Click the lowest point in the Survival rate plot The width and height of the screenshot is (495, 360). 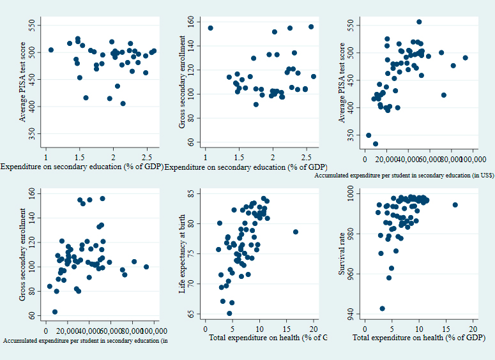382,308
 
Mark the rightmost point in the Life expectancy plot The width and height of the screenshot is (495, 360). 296,232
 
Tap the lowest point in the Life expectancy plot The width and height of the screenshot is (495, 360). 229,313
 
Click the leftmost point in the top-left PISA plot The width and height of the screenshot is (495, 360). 51,50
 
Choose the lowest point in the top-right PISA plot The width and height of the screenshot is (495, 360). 376,144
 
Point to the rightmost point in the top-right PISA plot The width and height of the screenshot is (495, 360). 466,58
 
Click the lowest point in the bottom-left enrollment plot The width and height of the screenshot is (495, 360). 55,312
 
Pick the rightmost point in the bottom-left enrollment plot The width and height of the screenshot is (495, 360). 146,267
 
